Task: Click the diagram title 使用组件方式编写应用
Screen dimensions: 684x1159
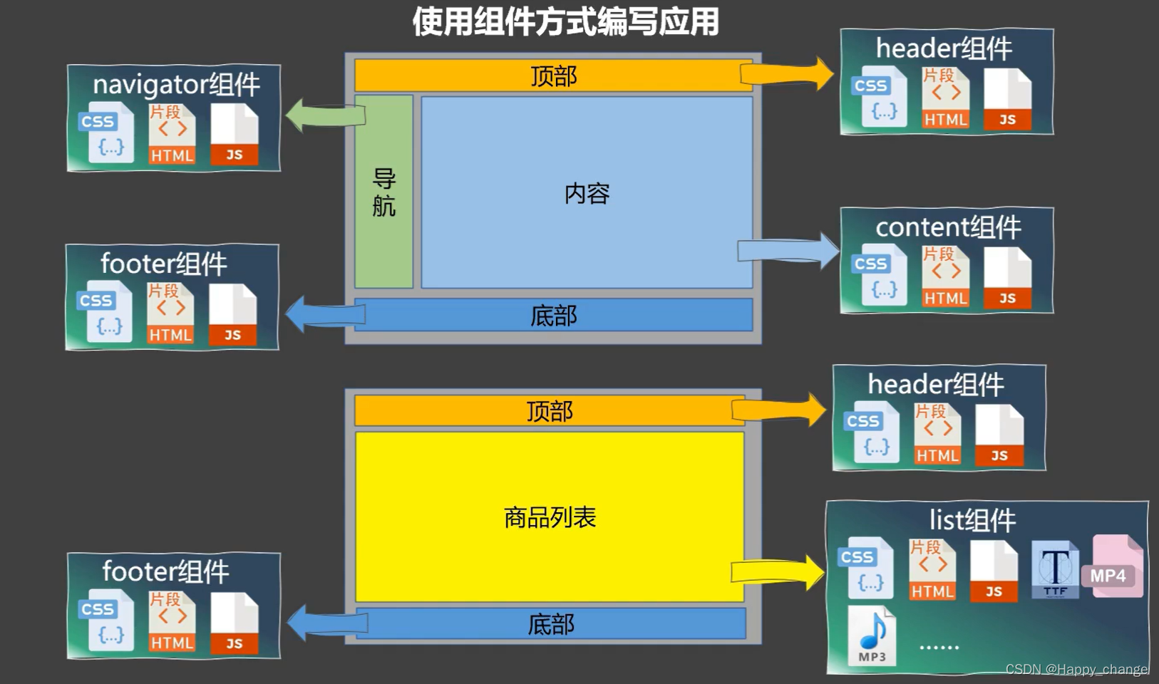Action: (x=565, y=21)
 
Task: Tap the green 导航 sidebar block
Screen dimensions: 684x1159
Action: (x=383, y=192)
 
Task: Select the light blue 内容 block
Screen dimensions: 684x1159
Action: (x=587, y=193)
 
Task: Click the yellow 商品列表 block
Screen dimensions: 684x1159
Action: (x=550, y=517)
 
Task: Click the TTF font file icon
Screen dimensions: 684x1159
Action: (x=1055, y=569)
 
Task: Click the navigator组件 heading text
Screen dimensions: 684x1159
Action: (x=176, y=85)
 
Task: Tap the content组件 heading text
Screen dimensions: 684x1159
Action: (x=948, y=227)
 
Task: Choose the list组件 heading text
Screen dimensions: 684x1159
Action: (x=972, y=520)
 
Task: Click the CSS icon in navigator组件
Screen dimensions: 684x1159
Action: (x=106, y=133)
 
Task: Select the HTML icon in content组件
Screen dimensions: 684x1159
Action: (x=945, y=277)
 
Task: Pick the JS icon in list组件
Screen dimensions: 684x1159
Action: (x=994, y=571)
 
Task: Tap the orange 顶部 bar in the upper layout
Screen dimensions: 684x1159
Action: (x=553, y=76)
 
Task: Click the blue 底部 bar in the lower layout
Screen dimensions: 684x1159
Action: (x=551, y=624)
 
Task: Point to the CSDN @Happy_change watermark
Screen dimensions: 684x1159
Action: (x=1076, y=669)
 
